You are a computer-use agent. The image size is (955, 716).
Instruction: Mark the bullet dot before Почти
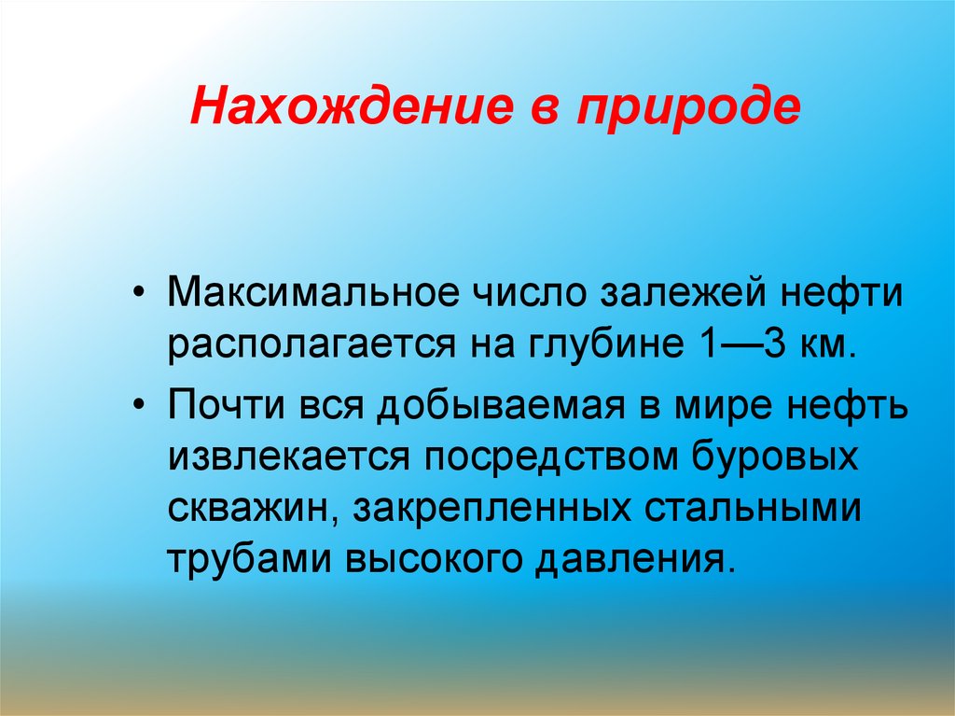point(141,408)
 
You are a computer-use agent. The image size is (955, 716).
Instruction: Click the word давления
point(634,559)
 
